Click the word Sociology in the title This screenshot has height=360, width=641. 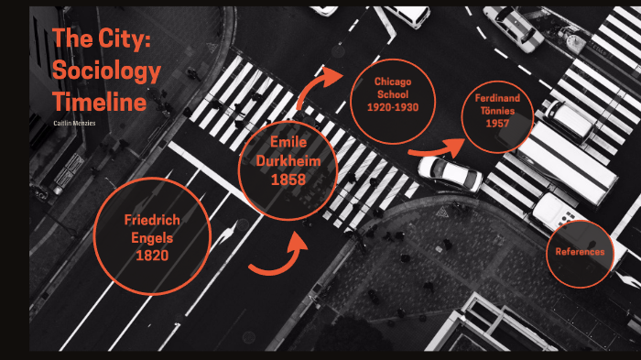tap(107, 71)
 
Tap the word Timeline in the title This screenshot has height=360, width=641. tap(100, 101)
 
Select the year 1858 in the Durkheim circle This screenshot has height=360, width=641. tap(288, 180)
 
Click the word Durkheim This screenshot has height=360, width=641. tap(288, 160)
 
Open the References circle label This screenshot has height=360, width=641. tap(580, 252)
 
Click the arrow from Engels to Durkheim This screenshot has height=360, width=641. tap(279, 257)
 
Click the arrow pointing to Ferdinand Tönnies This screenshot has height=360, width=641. tap(436, 148)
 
